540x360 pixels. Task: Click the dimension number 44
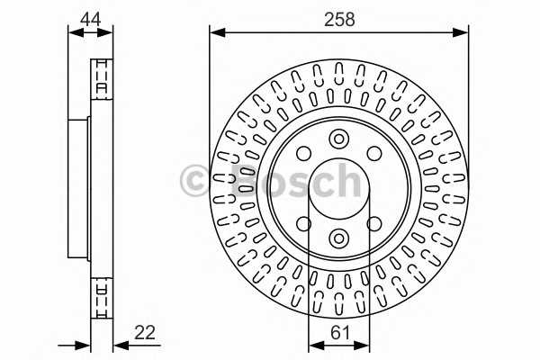point(90,17)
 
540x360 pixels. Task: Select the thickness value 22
point(144,332)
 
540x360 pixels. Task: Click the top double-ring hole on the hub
point(338,139)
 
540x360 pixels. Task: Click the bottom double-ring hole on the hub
point(338,237)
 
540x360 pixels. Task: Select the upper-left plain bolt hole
point(304,153)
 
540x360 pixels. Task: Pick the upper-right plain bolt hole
point(373,153)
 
